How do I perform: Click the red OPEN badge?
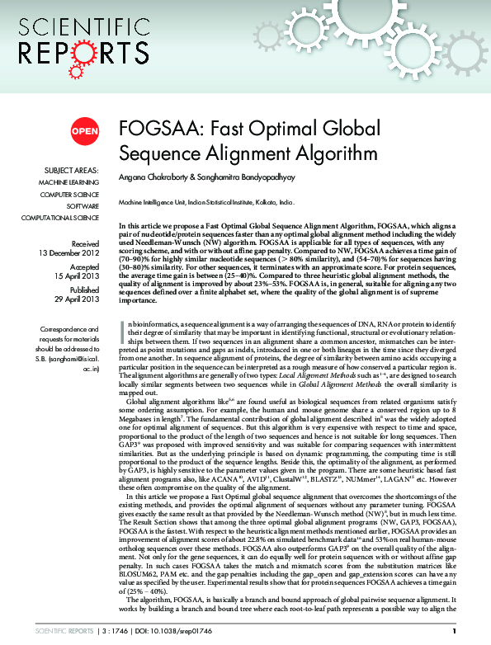[x=84, y=131]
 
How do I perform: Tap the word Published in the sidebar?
[x=85, y=291]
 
